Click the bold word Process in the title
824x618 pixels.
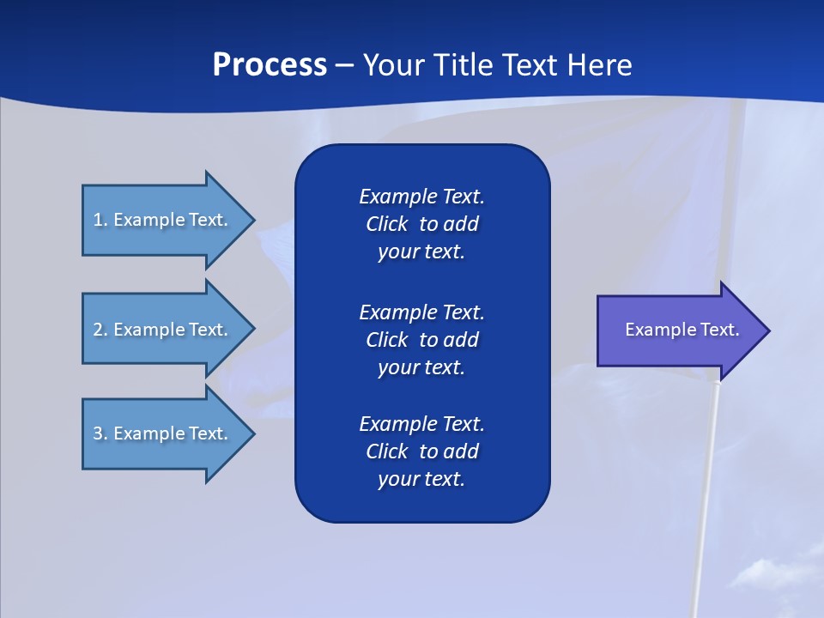pos(270,65)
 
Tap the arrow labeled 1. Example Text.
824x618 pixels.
pos(163,220)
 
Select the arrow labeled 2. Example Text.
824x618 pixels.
pos(163,330)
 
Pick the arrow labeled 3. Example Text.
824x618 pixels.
pos(163,433)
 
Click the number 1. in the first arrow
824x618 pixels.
pos(100,220)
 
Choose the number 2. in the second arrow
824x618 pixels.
pos(100,330)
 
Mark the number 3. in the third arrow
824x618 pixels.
pos(100,433)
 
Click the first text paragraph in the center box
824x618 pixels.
pos(421,224)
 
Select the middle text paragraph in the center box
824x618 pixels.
pos(421,340)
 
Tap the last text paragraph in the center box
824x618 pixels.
pos(421,451)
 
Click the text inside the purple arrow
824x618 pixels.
pos(682,330)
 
